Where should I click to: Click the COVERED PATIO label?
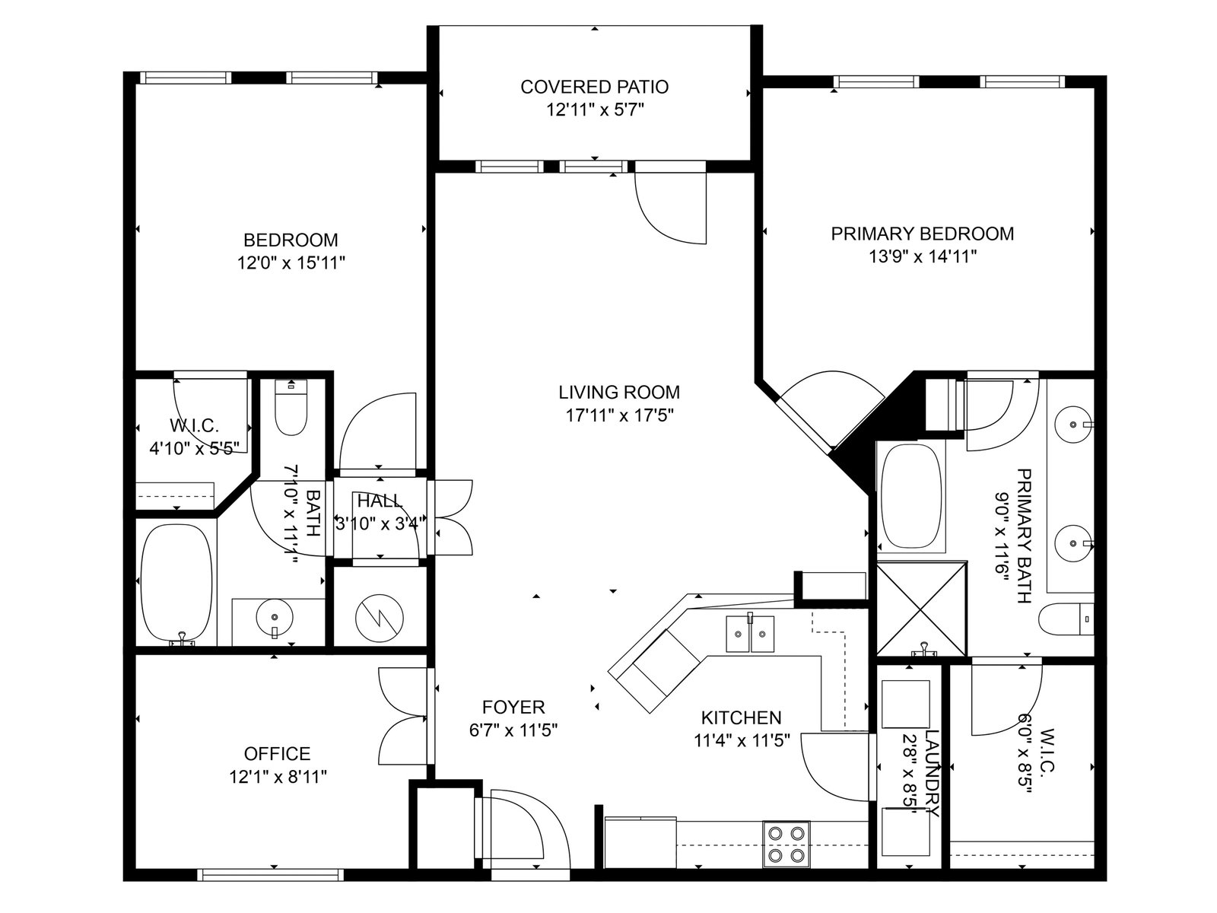pyautogui.click(x=594, y=87)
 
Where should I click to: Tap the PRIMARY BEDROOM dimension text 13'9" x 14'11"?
pyautogui.click(x=922, y=256)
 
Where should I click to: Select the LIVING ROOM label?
pyautogui.click(x=618, y=392)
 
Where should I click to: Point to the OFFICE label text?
pyautogui.click(x=277, y=753)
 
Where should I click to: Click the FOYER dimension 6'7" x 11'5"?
pyautogui.click(x=513, y=730)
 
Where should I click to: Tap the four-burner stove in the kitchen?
pyautogui.click(x=786, y=844)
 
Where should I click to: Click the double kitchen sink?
pyautogui.click(x=750, y=634)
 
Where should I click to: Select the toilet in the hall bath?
pyautogui.click(x=291, y=407)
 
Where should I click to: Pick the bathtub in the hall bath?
pyautogui.click(x=176, y=582)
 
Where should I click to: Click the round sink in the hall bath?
pyautogui.click(x=275, y=616)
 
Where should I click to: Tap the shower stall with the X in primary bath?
pyautogui.click(x=921, y=609)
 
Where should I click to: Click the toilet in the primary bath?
pyautogui.click(x=1066, y=619)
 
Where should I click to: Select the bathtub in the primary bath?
pyautogui.click(x=911, y=498)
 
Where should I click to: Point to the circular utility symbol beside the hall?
pyautogui.click(x=380, y=618)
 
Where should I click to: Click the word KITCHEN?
pyautogui.click(x=742, y=717)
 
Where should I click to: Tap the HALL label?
pyautogui.click(x=380, y=501)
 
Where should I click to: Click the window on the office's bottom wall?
pyautogui.click(x=271, y=875)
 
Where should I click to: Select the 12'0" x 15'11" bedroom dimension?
pyautogui.click(x=291, y=262)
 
